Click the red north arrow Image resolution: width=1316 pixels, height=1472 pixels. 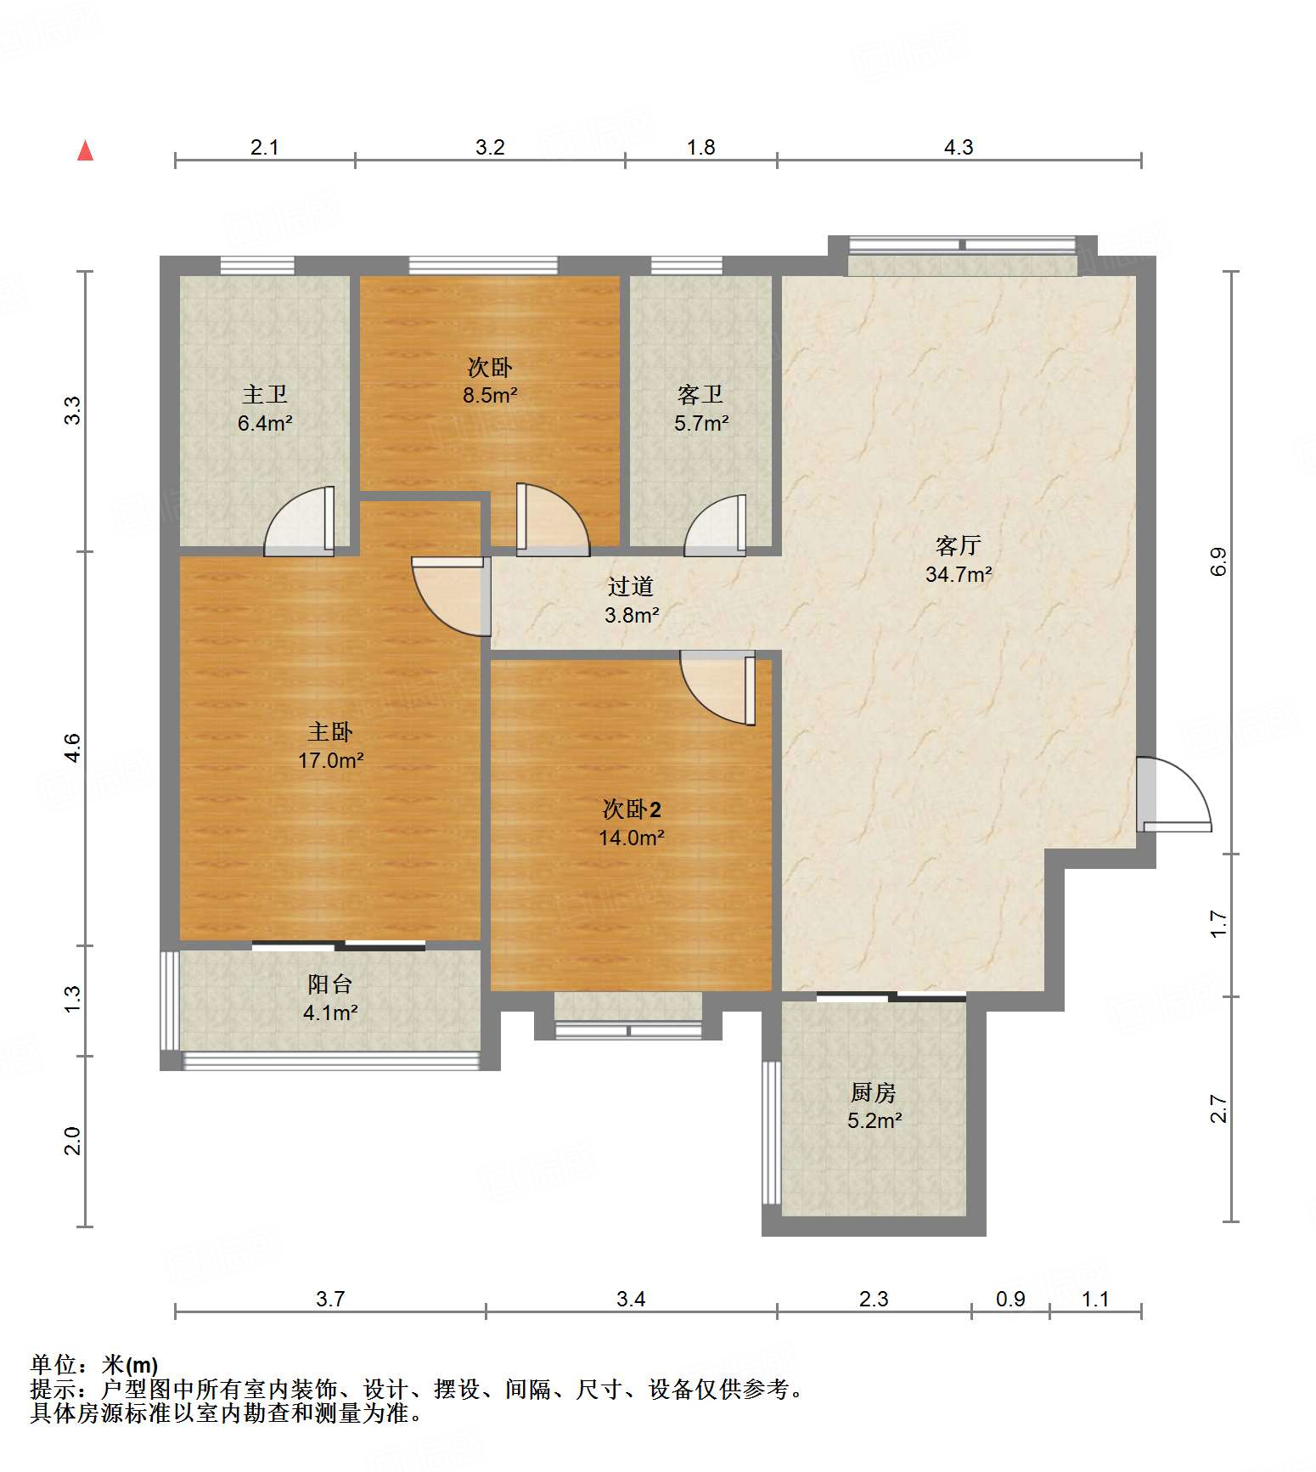(x=85, y=150)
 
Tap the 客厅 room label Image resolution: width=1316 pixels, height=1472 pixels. (x=959, y=545)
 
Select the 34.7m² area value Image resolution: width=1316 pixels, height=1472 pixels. (x=959, y=574)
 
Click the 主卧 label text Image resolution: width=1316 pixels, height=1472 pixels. (x=329, y=731)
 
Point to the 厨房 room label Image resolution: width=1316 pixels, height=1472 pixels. (x=874, y=1092)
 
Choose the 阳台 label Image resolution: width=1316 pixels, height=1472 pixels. (x=329, y=984)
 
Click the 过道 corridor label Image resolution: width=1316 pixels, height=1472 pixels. (x=631, y=586)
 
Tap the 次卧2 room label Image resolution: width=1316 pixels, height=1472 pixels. (x=632, y=809)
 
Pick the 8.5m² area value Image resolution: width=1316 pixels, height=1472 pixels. (x=490, y=395)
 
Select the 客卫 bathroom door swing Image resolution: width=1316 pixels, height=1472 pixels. (x=716, y=526)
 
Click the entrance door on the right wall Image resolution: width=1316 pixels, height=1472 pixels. (x=1174, y=794)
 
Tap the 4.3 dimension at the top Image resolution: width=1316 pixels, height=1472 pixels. (x=959, y=147)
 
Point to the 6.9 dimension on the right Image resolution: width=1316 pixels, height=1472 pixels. (x=1218, y=562)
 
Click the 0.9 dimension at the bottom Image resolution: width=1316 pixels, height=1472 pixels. (x=1010, y=1299)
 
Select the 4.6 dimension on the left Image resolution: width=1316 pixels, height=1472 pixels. (x=73, y=747)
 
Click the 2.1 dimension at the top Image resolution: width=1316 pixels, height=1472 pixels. (x=265, y=147)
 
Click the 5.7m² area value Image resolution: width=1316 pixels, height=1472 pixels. (x=701, y=423)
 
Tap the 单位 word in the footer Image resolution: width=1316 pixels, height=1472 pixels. (x=53, y=1365)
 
